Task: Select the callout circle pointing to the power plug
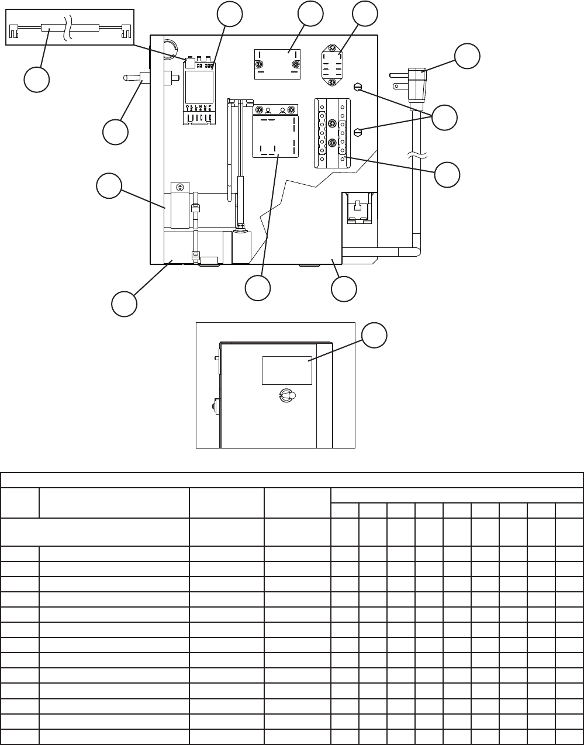468,56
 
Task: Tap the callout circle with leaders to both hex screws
445,118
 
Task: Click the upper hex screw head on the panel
358,87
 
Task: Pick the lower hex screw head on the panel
358,133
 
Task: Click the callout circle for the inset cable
36,80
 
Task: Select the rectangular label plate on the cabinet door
286,370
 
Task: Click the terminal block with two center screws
332,133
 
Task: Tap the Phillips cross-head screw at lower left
180,187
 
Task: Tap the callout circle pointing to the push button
115,132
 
